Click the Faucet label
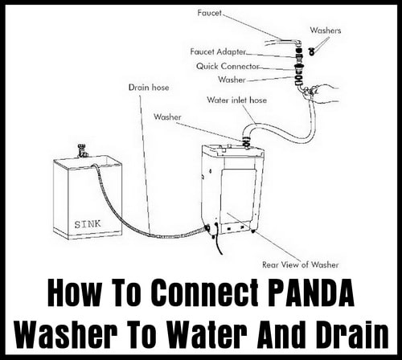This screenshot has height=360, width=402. click(x=209, y=13)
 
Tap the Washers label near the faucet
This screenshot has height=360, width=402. click(x=326, y=31)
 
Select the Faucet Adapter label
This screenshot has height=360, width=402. click(x=218, y=51)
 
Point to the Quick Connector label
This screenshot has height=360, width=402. click(x=228, y=66)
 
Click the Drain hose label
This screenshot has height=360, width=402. click(x=149, y=88)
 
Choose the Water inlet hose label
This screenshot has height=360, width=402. click(x=237, y=100)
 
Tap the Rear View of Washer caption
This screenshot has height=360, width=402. click(x=300, y=265)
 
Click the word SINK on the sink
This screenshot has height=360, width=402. click(x=88, y=224)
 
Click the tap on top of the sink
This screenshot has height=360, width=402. click(x=82, y=151)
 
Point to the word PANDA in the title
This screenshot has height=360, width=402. click(x=311, y=292)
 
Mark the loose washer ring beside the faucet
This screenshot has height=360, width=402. click(x=311, y=52)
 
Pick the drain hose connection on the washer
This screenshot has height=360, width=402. click(x=207, y=228)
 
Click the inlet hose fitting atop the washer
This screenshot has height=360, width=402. click(x=246, y=141)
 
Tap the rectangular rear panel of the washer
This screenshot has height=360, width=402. click(x=237, y=196)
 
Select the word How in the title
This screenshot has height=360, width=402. click(x=73, y=292)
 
